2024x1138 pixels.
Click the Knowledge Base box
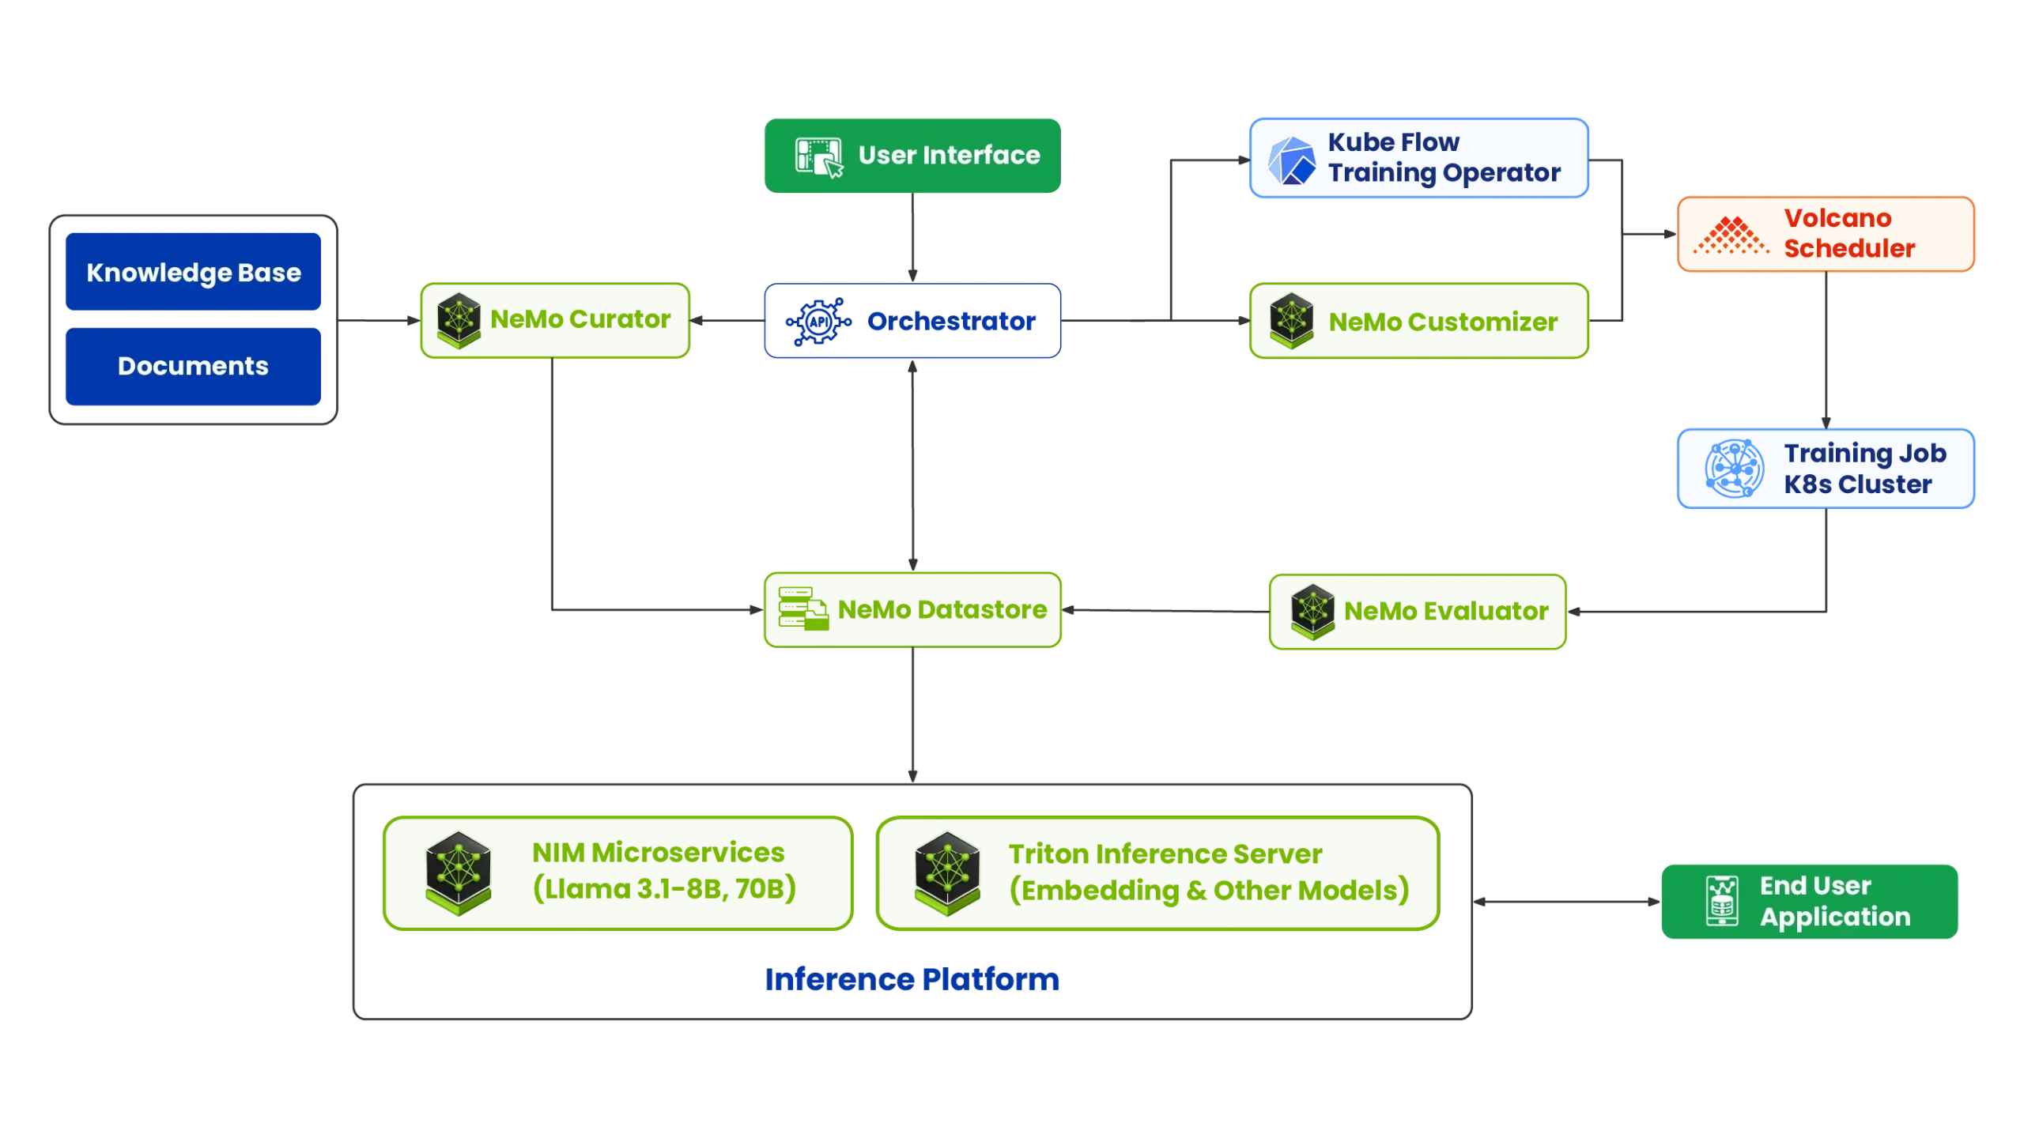tap(193, 273)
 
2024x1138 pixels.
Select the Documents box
tap(193, 366)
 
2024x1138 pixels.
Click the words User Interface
tap(949, 155)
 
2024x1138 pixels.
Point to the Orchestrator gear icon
tap(818, 322)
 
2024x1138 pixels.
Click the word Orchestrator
tap(951, 321)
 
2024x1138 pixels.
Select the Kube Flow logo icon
tap(1291, 161)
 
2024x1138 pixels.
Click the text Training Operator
tap(1444, 173)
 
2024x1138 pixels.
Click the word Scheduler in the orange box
tap(1848, 248)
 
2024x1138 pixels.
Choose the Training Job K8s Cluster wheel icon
tap(1733, 469)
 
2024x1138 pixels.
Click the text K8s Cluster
tap(1857, 484)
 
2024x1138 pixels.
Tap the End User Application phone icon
tap(1722, 901)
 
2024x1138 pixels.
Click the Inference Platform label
tap(912, 979)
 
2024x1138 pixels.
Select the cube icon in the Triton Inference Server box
tap(947, 872)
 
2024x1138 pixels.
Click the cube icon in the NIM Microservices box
tap(459, 872)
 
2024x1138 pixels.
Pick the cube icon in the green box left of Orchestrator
tap(459, 320)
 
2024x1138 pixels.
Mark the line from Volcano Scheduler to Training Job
tap(1825, 348)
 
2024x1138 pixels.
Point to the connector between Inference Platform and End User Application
tap(1565, 901)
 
